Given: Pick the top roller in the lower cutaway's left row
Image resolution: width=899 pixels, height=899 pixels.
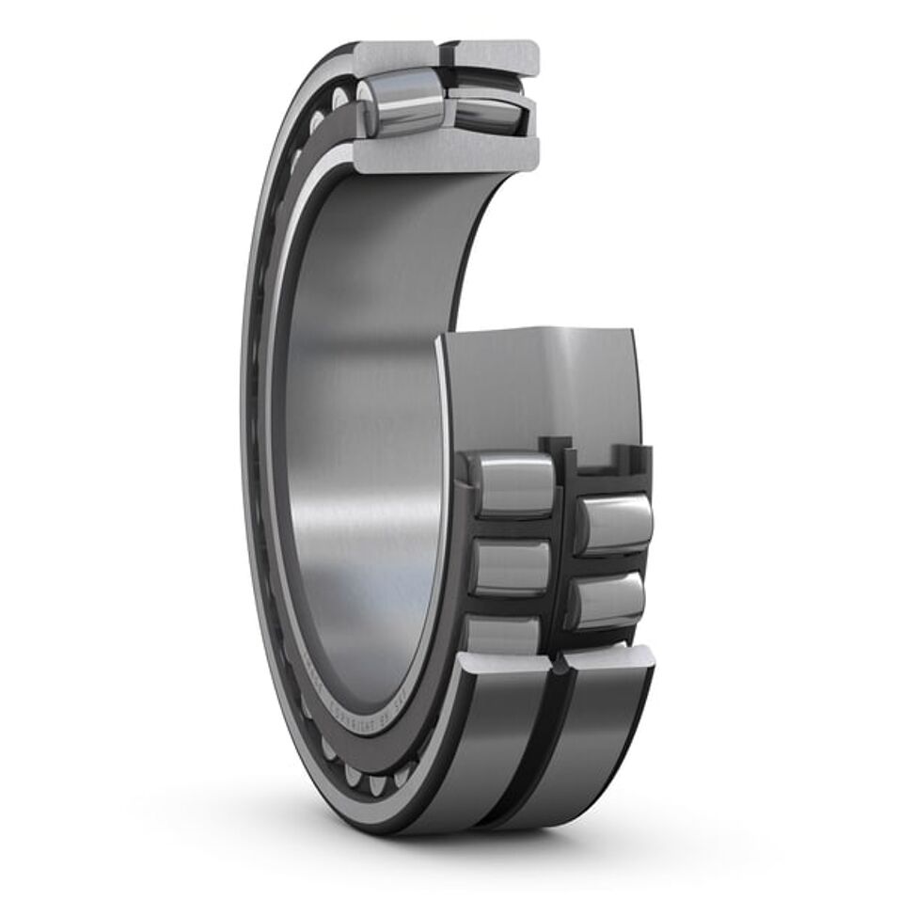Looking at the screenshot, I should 512,483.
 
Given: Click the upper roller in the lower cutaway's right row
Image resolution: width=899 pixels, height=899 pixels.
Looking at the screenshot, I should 613,522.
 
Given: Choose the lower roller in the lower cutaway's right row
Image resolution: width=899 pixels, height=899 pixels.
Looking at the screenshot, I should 609,600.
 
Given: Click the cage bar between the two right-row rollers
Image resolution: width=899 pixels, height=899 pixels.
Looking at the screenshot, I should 611,562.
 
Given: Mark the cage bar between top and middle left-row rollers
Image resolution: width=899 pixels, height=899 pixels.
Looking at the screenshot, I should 513,526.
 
